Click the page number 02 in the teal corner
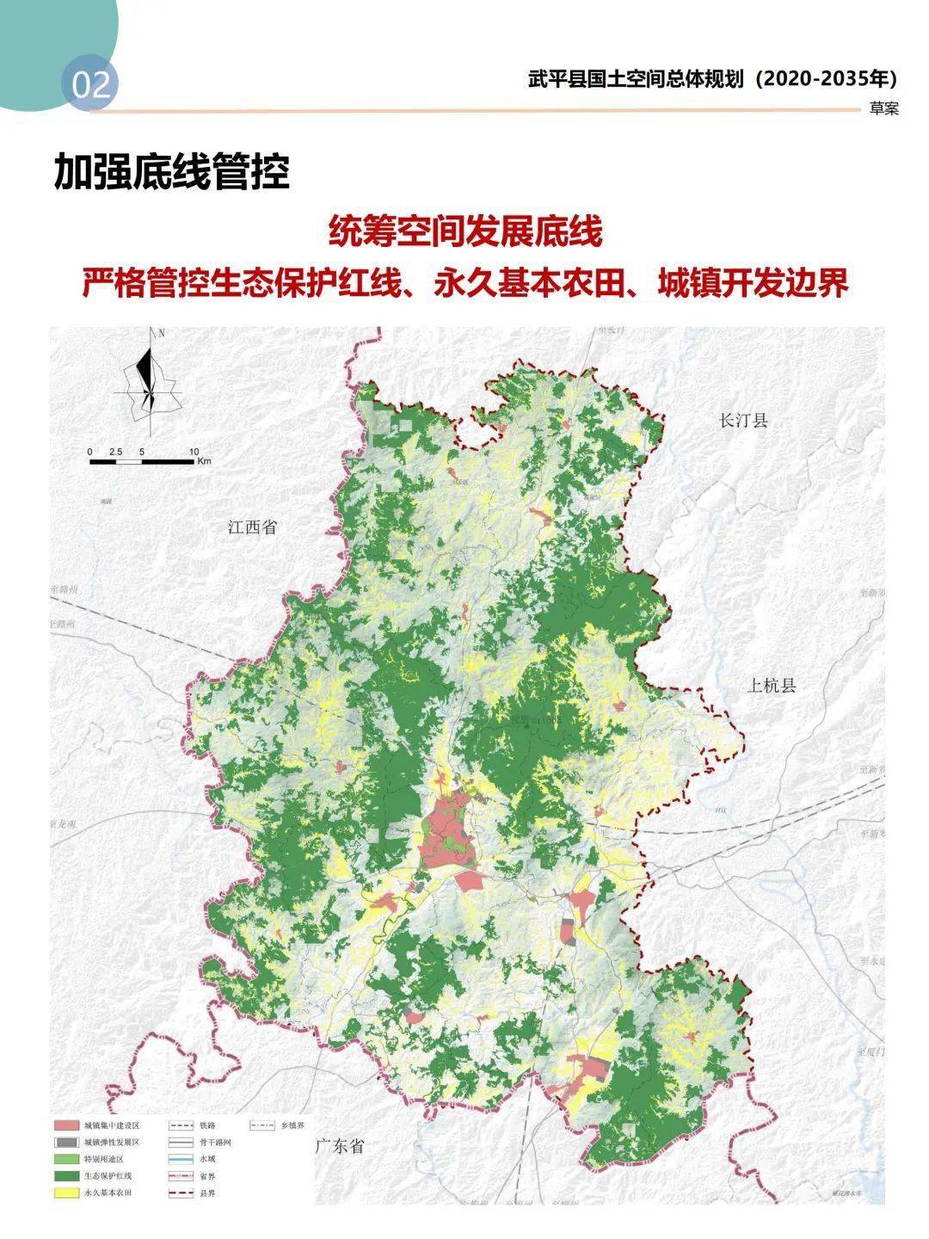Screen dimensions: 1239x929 click(x=91, y=85)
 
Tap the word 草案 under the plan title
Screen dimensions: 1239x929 click(x=883, y=109)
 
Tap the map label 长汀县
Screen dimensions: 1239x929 click(x=743, y=421)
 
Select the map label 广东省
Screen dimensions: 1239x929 click(x=340, y=1146)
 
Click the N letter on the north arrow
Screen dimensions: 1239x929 click(x=161, y=333)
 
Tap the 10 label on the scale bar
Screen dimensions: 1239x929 click(x=194, y=451)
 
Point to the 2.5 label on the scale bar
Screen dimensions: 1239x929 click(x=117, y=451)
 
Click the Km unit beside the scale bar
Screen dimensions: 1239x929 click(x=204, y=462)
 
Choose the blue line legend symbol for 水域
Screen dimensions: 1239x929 click(x=179, y=1159)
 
